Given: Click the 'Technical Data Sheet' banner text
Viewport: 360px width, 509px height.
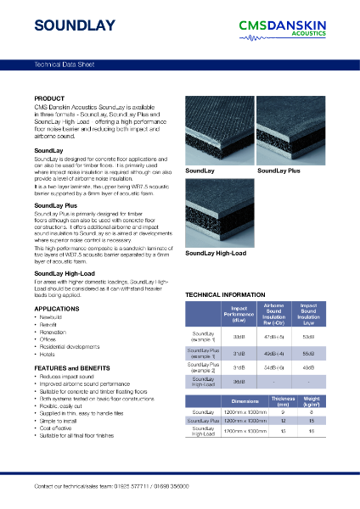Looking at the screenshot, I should tap(64, 64).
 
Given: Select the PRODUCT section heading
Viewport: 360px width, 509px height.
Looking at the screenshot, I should tap(48, 98).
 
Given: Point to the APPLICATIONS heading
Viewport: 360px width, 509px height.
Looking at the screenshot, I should tap(56, 308).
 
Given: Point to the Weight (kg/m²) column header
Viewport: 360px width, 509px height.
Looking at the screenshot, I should tap(312, 401).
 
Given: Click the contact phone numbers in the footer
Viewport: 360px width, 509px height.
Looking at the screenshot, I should tap(174, 486).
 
